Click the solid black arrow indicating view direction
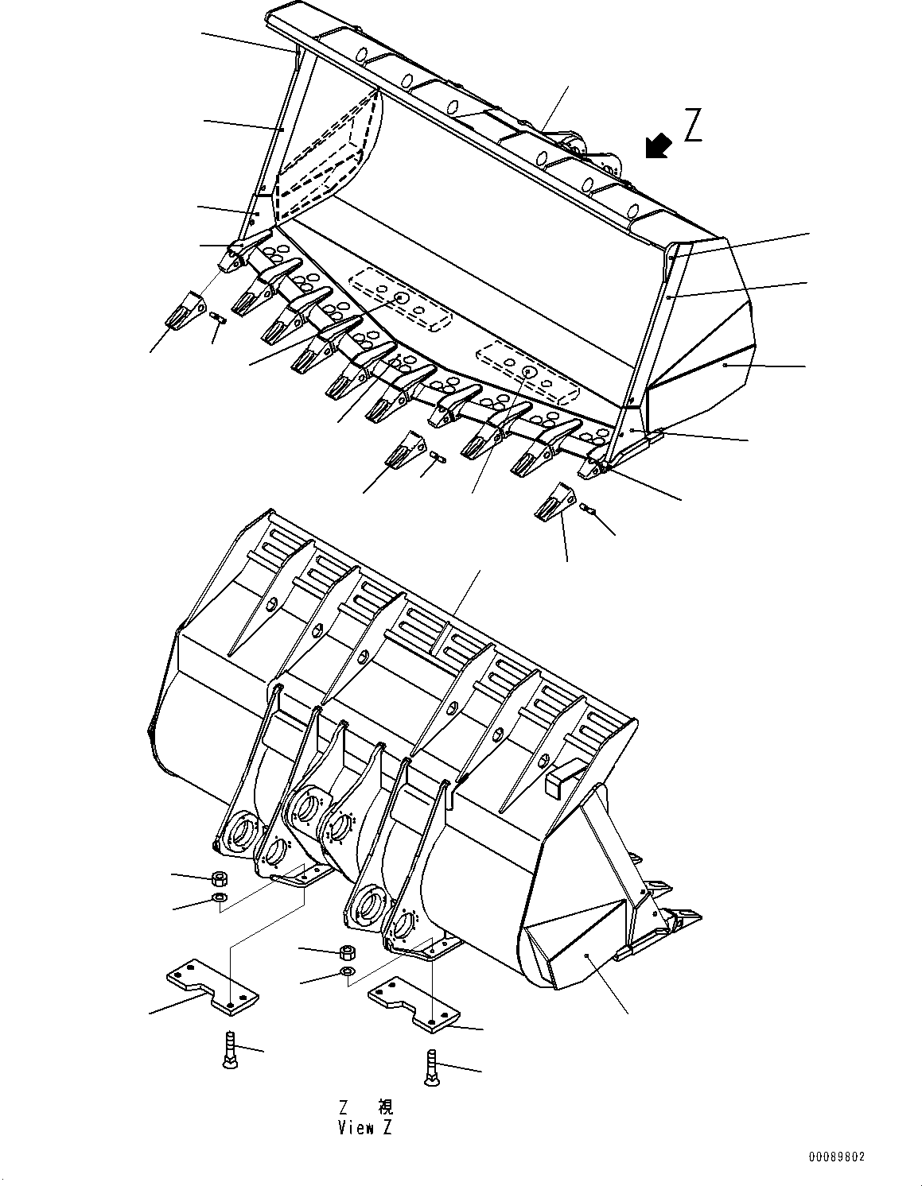click(x=657, y=146)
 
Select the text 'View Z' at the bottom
click(x=364, y=1127)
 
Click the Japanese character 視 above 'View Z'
click(x=384, y=1107)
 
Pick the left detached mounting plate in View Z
click(x=212, y=986)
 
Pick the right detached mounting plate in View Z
click(x=414, y=1005)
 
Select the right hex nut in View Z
click(x=347, y=952)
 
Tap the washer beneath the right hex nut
click(x=347, y=972)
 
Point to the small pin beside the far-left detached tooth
click(x=219, y=319)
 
